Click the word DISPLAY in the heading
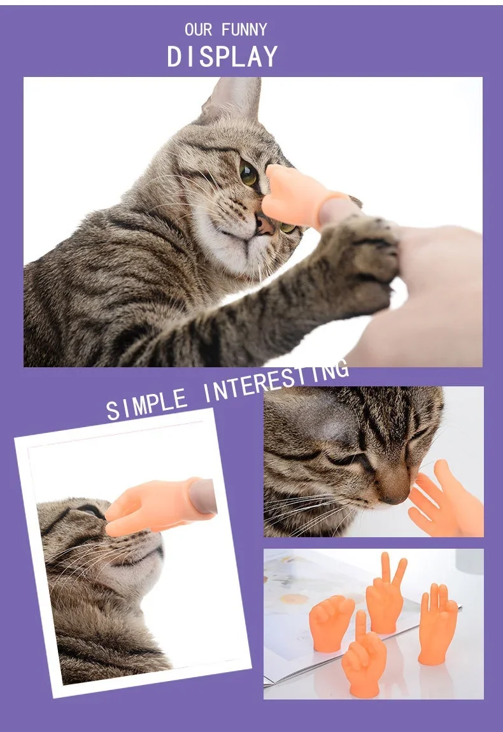[x=222, y=57]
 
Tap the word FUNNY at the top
[x=244, y=30]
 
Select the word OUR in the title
[x=199, y=30]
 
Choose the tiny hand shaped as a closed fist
[x=330, y=623]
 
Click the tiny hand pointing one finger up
[x=364, y=656]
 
